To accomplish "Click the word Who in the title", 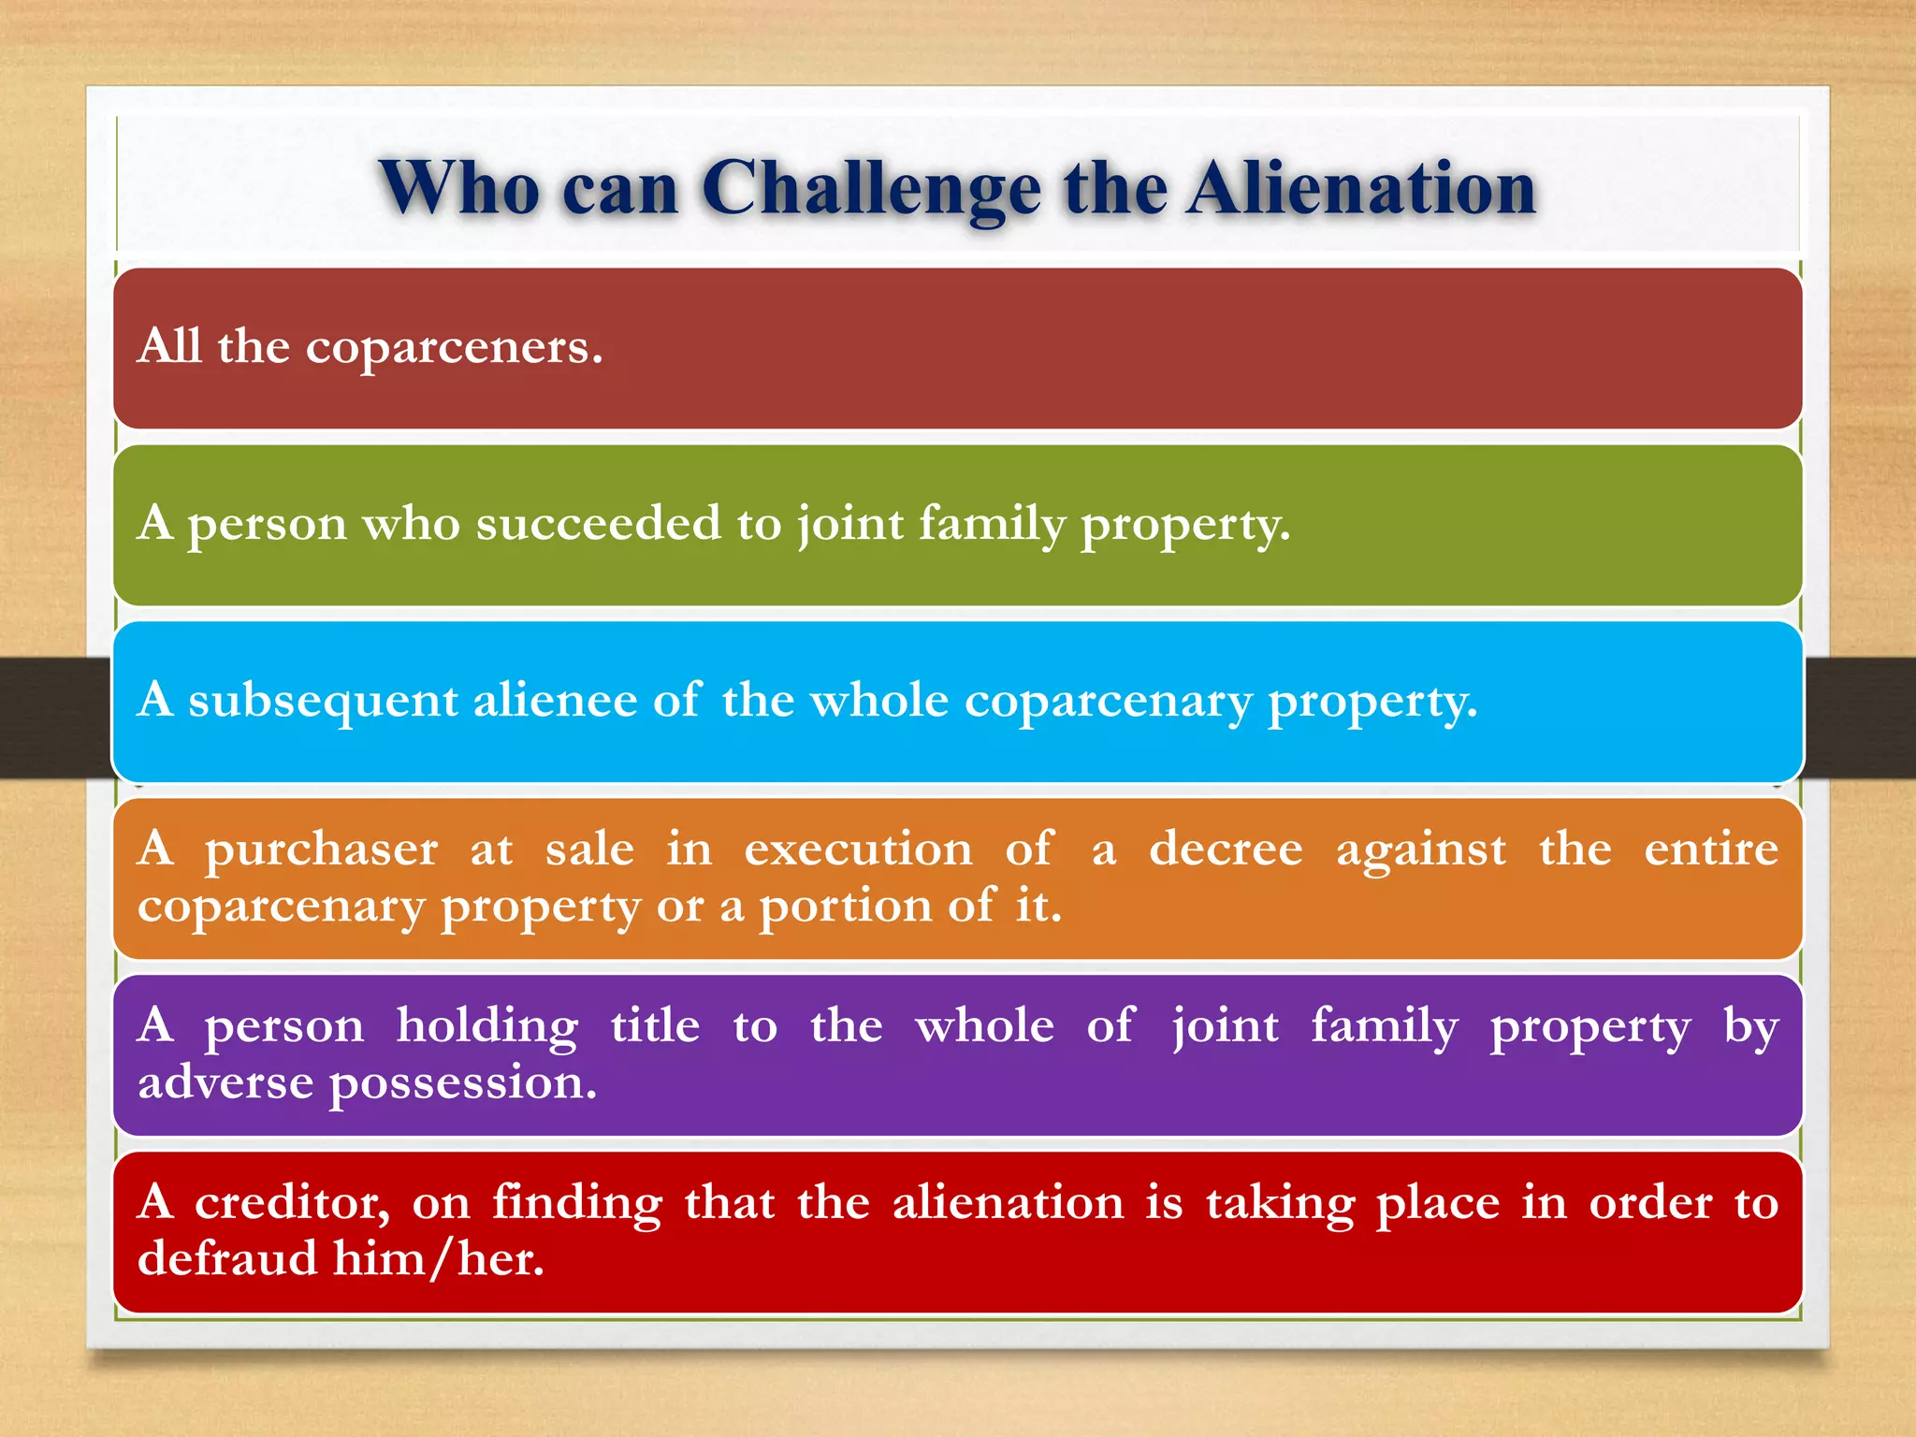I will [x=458, y=190].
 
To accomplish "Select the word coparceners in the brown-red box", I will [x=454, y=348].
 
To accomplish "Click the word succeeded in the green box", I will [x=599, y=523].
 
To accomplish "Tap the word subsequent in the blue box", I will [x=323, y=701].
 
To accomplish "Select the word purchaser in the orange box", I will [x=321, y=850].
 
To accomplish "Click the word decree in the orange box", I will [x=1225, y=850].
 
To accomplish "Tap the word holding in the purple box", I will [x=486, y=1026].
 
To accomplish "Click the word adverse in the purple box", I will [x=225, y=1082].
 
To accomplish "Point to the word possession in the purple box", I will [x=462, y=1084].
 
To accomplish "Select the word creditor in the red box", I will [x=292, y=1202].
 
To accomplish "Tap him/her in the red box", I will [x=438, y=1258].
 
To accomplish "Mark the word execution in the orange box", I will [x=858, y=850].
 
